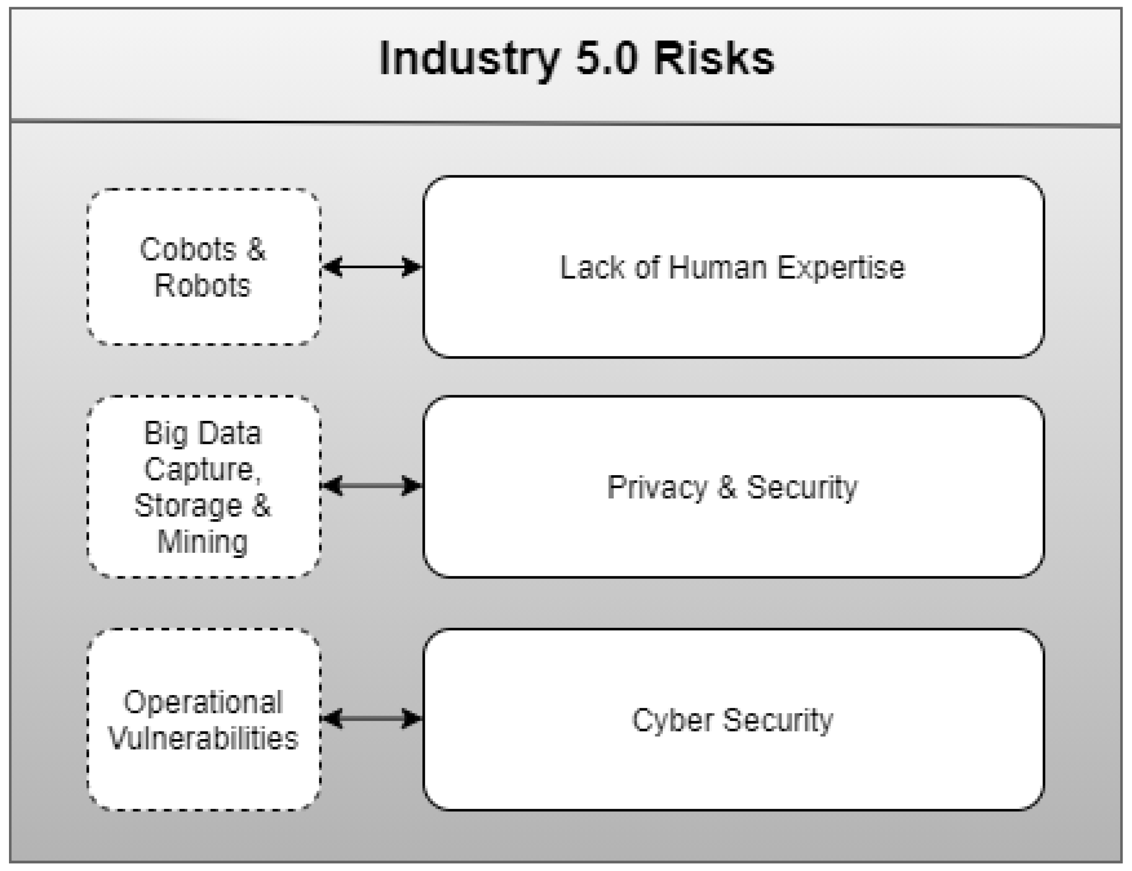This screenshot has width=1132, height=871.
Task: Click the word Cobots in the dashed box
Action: [x=188, y=249]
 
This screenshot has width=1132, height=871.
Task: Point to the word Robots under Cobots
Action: [x=203, y=285]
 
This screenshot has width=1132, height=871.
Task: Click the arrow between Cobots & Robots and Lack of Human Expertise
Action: [x=372, y=267]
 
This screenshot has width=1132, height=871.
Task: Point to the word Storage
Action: [x=188, y=505]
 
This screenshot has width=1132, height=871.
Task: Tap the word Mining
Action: [x=203, y=542]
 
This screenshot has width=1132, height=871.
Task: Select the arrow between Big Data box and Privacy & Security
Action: [x=372, y=486]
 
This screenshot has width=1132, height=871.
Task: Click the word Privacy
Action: [x=656, y=488]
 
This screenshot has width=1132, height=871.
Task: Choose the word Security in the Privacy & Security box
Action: [x=801, y=488]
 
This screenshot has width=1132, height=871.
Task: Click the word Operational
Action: [x=203, y=703]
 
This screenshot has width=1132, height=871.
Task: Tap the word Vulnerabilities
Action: [x=203, y=738]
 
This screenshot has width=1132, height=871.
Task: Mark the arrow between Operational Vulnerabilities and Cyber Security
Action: [x=372, y=719]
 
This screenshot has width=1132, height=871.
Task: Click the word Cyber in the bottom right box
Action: [x=672, y=720]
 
